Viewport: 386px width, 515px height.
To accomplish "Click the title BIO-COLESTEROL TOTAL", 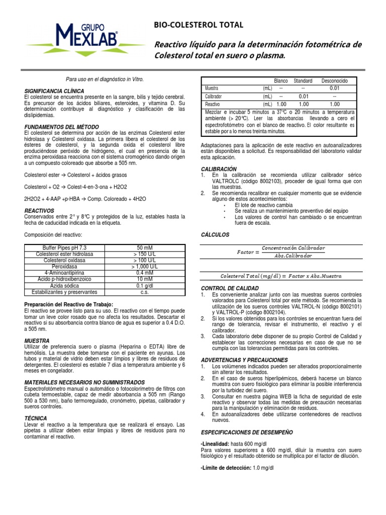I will [x=199, y=25].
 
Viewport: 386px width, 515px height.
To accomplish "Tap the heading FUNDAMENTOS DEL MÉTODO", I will [x=61, y=126].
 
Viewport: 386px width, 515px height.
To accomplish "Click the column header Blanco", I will [x=280, y=80].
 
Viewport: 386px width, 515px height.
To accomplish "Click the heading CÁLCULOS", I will [x=215, y=234].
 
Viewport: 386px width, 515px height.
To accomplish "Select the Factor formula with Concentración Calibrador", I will [x=280, y=252].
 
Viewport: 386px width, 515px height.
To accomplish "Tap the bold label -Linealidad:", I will [x=215, y=444].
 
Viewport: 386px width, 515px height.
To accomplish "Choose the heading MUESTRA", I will [x=38, y=340].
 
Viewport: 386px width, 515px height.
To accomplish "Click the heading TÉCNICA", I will [x=36, y=418].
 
